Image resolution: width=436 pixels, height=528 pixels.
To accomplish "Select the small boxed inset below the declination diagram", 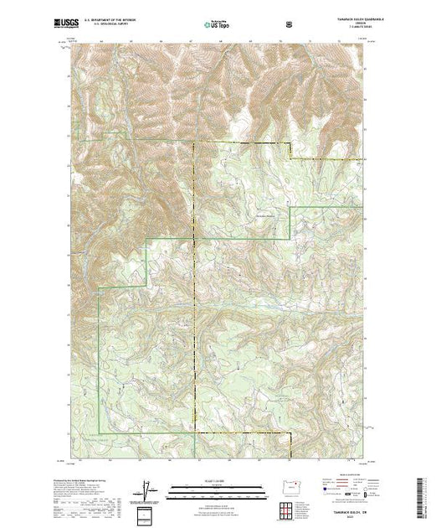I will [x=147, y=514].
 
